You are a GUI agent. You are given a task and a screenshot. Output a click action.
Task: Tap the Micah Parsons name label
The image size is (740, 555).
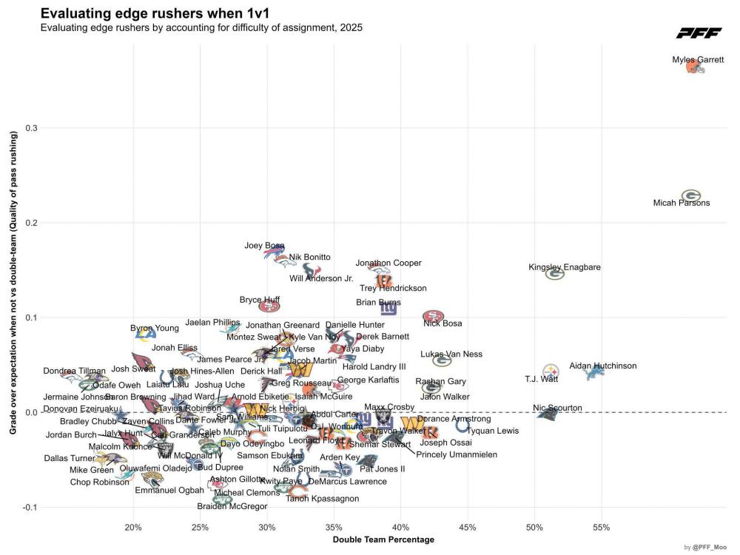(x=682, y=203)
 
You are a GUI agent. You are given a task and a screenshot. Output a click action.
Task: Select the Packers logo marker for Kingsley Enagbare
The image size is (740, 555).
(x=555, y=274)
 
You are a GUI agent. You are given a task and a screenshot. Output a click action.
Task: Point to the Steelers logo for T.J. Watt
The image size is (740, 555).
(x=551, y=371)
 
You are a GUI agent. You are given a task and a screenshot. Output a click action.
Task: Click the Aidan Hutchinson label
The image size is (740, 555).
(x=602, y=366)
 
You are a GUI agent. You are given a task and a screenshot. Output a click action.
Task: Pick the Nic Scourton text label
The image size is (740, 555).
(x=557, y=408)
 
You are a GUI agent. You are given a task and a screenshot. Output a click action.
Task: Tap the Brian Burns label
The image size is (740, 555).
(x=378, y=302)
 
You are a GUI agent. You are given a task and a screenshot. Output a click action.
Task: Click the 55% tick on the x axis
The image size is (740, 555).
(x=601, y=528)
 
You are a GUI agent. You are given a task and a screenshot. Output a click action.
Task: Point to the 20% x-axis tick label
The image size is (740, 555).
(x=133, y=528)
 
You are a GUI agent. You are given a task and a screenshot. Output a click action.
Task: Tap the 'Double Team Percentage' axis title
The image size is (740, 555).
(x=383, y=539)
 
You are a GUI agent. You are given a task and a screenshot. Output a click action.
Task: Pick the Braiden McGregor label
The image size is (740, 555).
(x=232, y=506)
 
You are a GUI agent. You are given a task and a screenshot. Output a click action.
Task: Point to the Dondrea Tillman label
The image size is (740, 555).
(x=74, y=371)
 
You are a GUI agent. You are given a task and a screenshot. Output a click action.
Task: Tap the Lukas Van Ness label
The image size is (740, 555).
(x=451, y=354)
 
